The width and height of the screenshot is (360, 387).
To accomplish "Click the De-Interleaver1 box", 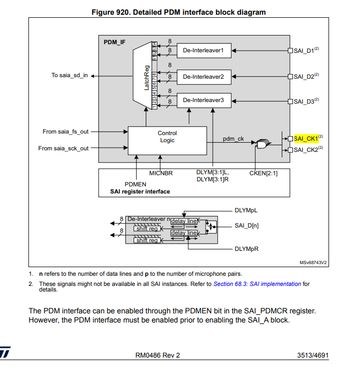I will pyautogui.click(x=203, y=50).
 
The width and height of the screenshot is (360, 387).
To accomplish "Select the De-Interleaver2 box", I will pyautogui.click(x=203, y=76).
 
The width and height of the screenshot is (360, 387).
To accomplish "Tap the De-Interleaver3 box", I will pyautogui.click(x=203, y=100).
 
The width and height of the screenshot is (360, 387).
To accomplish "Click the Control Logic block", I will pyautogui.click(x=167, y=137).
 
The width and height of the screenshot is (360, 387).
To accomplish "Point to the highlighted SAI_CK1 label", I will pyautogui.click(x=306, y=138).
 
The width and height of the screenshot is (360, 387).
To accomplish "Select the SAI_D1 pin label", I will pyautogui.click(x=304, y=50).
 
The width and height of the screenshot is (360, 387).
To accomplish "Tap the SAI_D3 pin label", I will pyautogui.click(x=304, y=101).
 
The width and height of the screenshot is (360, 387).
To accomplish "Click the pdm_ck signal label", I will pyautogui.click(x=234, y=139).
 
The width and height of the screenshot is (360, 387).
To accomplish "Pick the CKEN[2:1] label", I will pyautogui.click(x=264, y=173).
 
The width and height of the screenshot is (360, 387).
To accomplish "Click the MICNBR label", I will pyautogui.click(x=161, y=173).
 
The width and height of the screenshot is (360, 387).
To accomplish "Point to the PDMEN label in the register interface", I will pyautogui.click(x=136, y=184).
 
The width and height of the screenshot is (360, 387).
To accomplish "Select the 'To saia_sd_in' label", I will pyautogui.click(x=70, y=75).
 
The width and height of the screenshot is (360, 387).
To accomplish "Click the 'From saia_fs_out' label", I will pyautogui.click(x=66, y=132).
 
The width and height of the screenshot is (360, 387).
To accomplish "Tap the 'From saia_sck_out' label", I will pyautogui.click(x=63, y=148).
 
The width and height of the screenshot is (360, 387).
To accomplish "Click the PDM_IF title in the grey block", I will pyautogui.click(x=114, y=42).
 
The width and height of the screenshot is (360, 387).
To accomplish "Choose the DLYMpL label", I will pyautogui.click(x=246, y=210).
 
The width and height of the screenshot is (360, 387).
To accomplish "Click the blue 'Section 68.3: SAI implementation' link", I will pyautogui.click(x=257, y=284).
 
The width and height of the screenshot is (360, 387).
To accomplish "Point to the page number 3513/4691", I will pyautogui.click(x=313, y=355).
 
